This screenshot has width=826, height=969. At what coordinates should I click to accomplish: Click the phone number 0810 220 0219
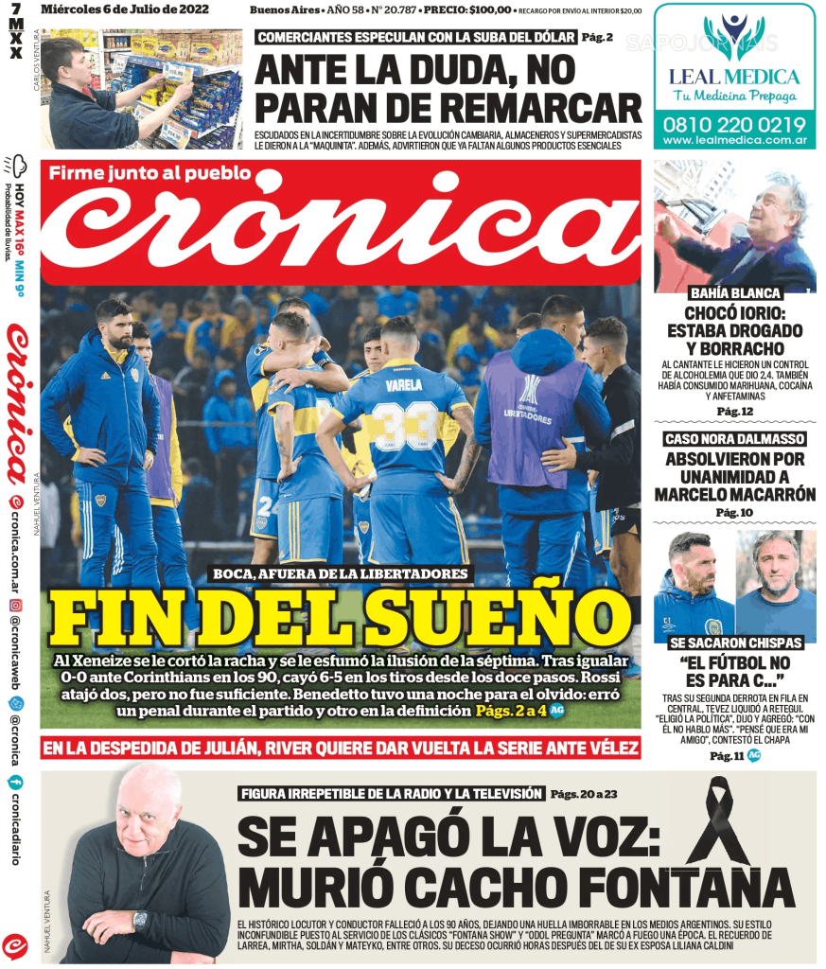click(x=733, y=124)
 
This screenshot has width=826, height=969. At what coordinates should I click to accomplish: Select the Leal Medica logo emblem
click(x=734, y=37)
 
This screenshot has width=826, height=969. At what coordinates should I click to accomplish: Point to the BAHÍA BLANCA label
click(x=734, y=293)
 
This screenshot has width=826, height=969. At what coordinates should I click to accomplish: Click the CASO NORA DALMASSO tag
click(x=734, y=439)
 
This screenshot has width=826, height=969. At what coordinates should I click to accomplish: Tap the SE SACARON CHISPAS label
click(x=735, y=643)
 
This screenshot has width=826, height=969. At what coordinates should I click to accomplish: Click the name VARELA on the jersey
click(x=404, y=385)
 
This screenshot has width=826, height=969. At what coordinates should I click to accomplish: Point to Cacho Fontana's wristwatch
click(x=140, y=919)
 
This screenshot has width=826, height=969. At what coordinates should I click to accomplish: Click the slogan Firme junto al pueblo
click(x=149, y=173)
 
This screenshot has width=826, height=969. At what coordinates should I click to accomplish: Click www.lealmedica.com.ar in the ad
click(x=734, y=140)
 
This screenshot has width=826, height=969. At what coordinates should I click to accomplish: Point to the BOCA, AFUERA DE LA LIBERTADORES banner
click(x=341, y=573)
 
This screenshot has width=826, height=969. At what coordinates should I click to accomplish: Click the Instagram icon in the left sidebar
click(x=15, y=605)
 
